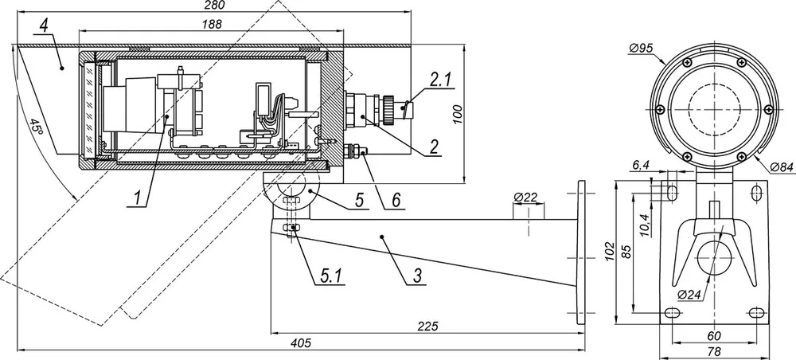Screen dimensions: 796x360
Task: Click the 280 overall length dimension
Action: [x=214, y=5]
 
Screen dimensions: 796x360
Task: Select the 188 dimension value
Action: [x=211, y=25]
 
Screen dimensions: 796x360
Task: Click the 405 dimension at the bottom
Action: [x=300, y=342]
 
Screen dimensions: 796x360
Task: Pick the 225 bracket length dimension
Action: [x=428, y=326]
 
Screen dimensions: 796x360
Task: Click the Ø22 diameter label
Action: [x=525, y=197]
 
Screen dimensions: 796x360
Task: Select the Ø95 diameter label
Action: [x=641, y=49]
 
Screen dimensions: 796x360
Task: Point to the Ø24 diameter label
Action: [x=690, y=295]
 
